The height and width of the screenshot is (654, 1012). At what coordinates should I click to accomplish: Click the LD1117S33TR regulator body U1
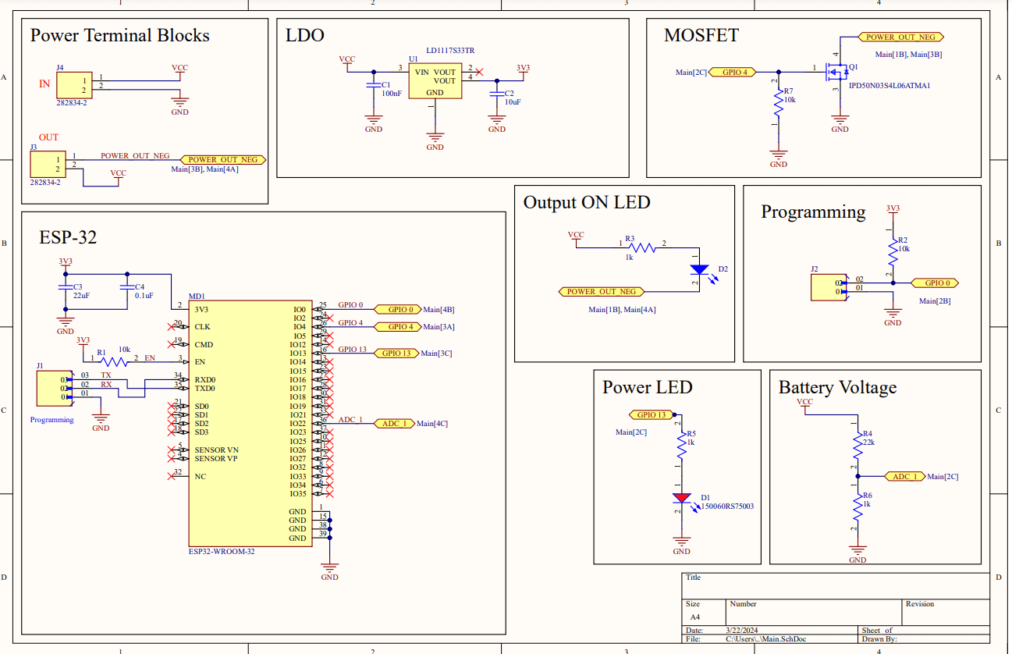coord(435,81)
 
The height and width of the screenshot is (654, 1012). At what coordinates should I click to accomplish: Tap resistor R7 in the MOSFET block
coord(778,101)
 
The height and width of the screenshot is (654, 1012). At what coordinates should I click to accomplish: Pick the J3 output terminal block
coord(47,165)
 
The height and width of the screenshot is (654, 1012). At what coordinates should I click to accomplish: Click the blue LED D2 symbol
coord(700,269)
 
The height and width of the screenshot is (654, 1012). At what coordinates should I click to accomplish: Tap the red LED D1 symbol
coord(682,497)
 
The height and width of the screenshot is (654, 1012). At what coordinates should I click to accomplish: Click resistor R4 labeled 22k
coord(857,446)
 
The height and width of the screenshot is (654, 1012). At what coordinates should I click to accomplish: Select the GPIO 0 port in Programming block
coord(936,283)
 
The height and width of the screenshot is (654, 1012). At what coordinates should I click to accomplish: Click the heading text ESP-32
coord(68,237)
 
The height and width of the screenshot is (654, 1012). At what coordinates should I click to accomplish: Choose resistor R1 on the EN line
coord(115,361)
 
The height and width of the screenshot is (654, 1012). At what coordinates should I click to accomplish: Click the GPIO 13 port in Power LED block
coord(652,414)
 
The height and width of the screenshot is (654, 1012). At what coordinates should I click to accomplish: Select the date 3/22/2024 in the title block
coord(743,630)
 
